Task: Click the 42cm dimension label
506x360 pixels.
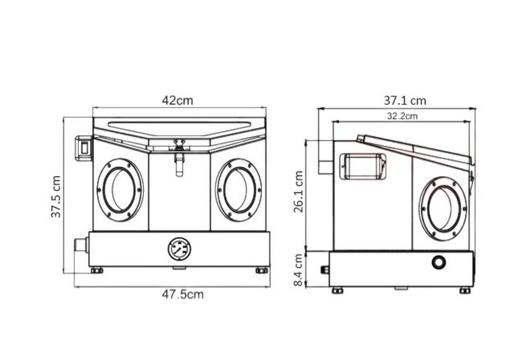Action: point(177,101)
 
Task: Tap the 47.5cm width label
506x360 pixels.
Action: point(183,294)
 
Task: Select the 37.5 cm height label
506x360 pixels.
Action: point(56,197)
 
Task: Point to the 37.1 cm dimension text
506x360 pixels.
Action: point(405,101)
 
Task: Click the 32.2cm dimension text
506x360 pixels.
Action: point(402,115)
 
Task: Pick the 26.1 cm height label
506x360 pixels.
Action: point(298,192)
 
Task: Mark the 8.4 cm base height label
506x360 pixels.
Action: point(298,270)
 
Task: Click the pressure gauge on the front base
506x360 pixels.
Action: point(179,249)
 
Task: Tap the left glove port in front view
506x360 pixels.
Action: point(120,190)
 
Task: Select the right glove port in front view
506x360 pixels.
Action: point(239,190)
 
